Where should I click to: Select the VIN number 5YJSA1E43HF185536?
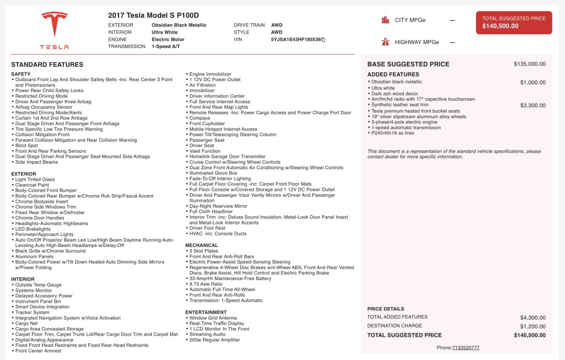[296, 40]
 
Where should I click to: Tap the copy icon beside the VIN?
[323, 40]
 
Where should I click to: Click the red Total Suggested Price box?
[514, 22]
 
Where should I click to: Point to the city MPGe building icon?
[385, 20]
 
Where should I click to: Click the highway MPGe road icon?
[385, 42]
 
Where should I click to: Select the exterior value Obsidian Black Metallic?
[179, 25]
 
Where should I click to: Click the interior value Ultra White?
[164, 33]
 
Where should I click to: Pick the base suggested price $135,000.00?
[529, 64]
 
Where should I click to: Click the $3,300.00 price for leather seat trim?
[532, 105]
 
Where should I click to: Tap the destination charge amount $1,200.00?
[532, 326]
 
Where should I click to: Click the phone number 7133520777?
[466, 348]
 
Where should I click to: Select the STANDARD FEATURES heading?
[47, 65]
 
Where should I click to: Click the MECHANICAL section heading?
[201, 245]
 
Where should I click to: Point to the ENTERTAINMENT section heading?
[206, 312]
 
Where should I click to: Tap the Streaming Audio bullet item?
[207, 334]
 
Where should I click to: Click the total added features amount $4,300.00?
[532, 318]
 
